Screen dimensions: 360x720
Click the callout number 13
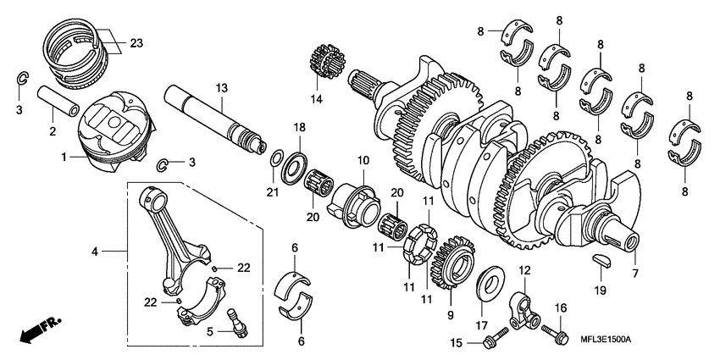(222, 89)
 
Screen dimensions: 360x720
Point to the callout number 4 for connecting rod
(96, 251)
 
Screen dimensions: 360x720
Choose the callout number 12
(524, 270)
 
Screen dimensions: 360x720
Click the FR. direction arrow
(33, 329)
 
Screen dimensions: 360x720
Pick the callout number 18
(298, 126)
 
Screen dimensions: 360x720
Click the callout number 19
(601, 291)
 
